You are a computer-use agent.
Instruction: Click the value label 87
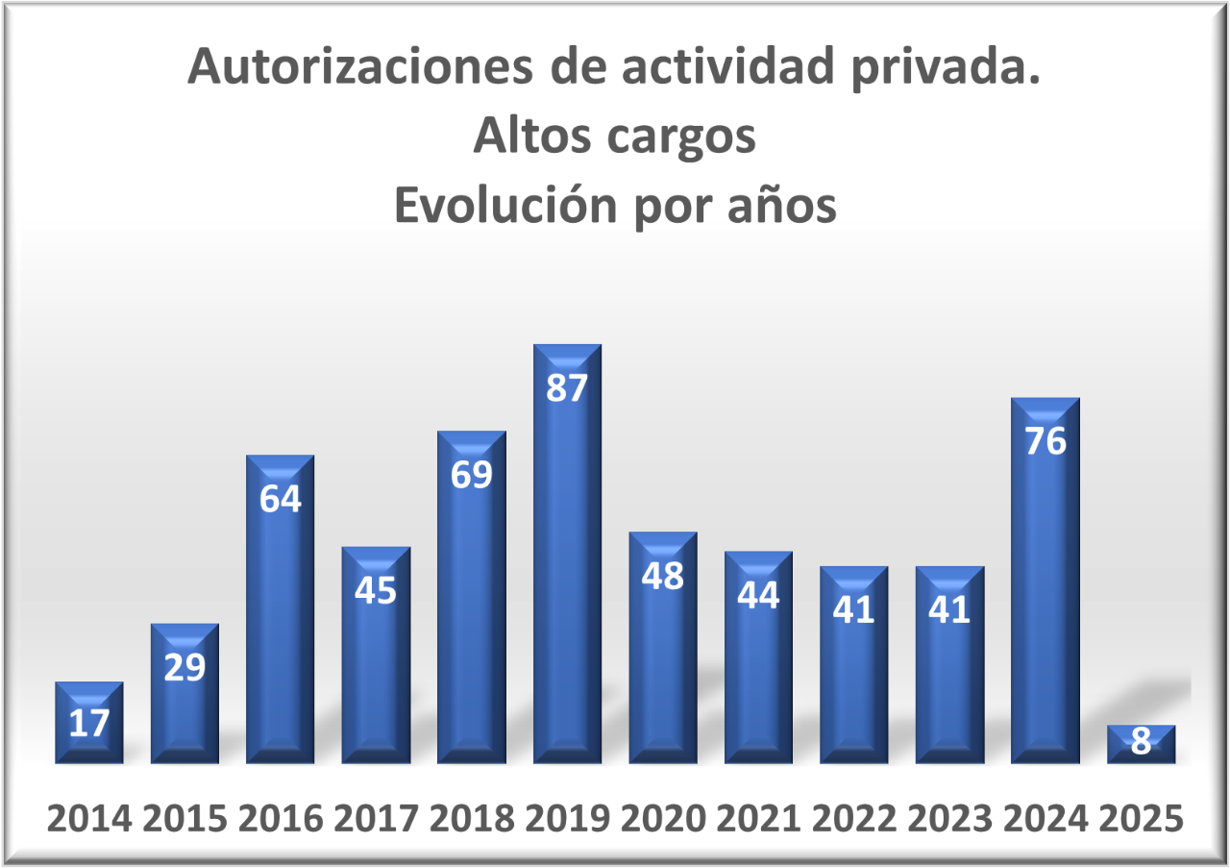(567, 388)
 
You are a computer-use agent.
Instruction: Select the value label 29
(184, 667)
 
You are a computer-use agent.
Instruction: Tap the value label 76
(1045, 441)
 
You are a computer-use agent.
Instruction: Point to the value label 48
(663, 576)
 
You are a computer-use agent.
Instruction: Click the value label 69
(471, 475)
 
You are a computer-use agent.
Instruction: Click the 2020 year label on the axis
(663, 819)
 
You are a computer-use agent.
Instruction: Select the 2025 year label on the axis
(1141, 819)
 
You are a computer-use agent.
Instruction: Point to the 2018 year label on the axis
(471, 819)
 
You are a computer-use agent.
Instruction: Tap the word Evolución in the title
(506, 207)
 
